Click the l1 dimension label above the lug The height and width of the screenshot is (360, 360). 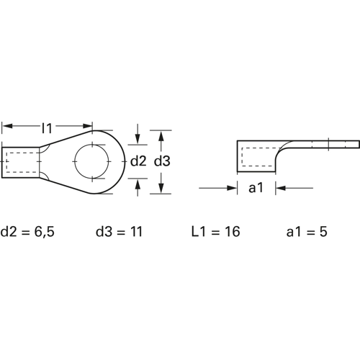point(47,128)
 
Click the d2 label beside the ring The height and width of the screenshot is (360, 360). point(138,161)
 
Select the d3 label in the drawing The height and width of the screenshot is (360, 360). point(162,161)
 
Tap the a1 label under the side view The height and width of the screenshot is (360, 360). point(256,188)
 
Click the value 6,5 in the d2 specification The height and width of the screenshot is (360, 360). point(45,232)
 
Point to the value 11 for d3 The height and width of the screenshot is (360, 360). point(136,232)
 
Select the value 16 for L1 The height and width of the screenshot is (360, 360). point(233,232)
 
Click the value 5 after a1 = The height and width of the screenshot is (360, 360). point(323,232)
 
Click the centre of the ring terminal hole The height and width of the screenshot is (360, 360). point(91,161)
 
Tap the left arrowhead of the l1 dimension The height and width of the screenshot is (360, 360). point(7,126)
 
